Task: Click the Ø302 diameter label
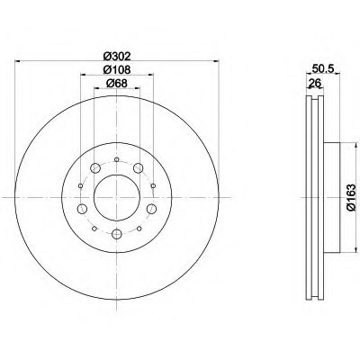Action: [117, 56]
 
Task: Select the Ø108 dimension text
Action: [117, 70]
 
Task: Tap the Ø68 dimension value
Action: [117, 84]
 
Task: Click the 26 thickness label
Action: [315, 83]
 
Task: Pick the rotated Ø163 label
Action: [351, 197]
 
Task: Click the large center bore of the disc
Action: [117, 197]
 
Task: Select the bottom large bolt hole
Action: [117, 234]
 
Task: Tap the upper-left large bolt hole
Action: [95, 168]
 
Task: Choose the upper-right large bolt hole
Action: [138, 168]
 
